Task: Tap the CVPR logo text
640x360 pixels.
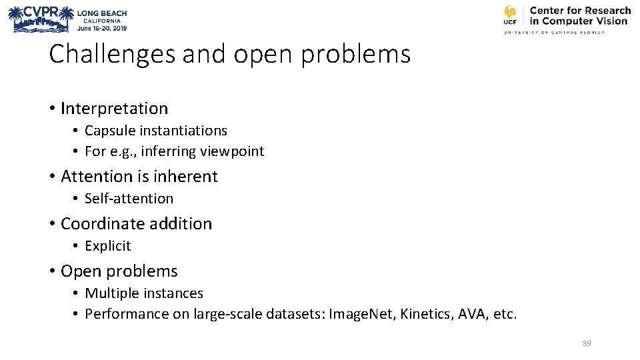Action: [x=39, y=12]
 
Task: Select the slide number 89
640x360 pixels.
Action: [x=587, y=343]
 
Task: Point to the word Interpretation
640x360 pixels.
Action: [x=114, y=108]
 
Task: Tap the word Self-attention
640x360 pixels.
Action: [x=129, y=199]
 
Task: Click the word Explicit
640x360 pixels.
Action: [x=108, y=246]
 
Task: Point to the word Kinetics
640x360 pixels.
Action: [x=426, y=314]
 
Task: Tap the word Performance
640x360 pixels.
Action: [x=127, y=314]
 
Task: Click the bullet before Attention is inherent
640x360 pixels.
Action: [x=52, y=177]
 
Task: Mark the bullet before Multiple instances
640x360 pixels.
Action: [x=77, y=294]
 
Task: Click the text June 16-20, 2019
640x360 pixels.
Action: [x=101, y=28]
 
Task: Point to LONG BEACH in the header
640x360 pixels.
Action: [x=102, y=13]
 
